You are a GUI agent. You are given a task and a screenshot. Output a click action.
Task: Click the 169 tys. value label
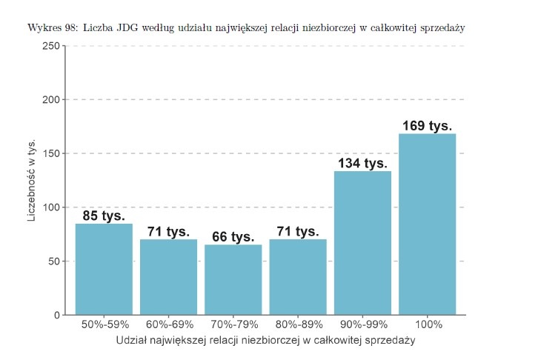pos(427,125)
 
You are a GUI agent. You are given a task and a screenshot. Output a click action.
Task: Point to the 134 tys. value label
pos(362,163)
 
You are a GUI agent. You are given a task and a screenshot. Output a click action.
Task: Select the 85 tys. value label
pos(104,216)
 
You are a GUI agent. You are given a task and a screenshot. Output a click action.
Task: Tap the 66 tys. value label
pos(233,237)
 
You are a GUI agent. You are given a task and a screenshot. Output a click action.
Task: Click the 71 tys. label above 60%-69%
pos(168,232)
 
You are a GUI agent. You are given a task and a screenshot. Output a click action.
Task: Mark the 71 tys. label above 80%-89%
pos(297,232)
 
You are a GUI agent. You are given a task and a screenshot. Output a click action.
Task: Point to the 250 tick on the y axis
pos(51,46)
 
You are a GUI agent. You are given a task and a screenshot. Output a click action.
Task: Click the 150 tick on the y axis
pos(51,153)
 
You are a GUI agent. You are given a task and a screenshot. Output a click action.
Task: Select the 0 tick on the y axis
pos(57,315)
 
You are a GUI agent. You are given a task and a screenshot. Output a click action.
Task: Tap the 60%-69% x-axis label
pos(168,325)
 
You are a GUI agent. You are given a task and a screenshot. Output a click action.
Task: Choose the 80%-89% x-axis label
pos(297,325)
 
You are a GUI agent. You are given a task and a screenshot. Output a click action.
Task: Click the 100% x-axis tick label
pos(428,325)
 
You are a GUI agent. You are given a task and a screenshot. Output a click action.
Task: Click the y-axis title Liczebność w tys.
pos(32,180)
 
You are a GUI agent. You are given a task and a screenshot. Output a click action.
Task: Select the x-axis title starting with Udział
pos(265,341)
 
